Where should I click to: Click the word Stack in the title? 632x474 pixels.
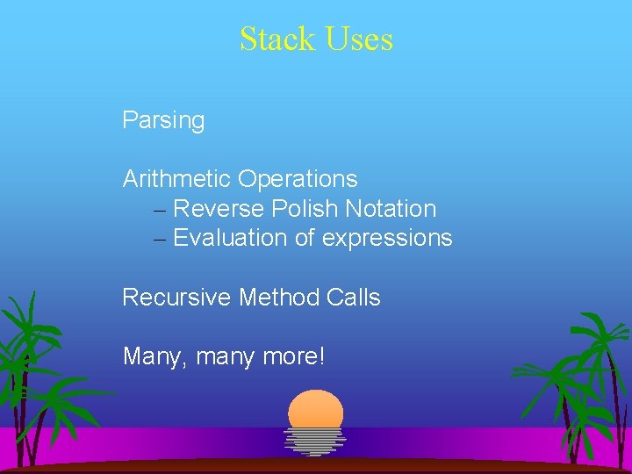273,39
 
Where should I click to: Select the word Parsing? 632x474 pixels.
163,120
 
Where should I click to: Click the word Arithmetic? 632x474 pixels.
176,179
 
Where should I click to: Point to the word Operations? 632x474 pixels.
298,179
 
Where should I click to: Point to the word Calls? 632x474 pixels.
353,298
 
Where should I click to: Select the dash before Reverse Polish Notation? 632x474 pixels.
158,210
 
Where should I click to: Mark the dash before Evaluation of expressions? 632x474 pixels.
158,239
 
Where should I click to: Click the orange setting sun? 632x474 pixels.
316,408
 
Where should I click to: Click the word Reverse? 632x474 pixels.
219,209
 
